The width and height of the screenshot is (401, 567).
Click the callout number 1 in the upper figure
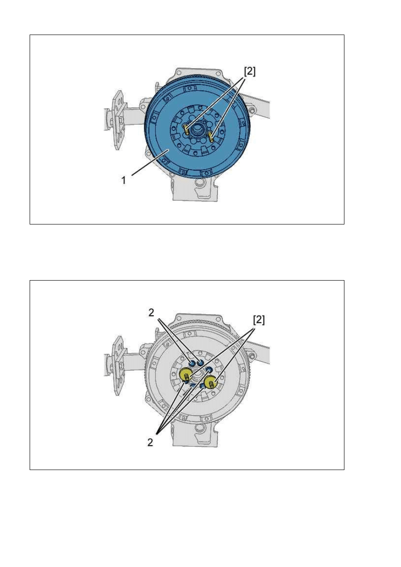point(123,180)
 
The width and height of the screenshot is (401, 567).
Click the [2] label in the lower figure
point(259,320)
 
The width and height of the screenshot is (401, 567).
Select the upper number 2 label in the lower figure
point(151,313)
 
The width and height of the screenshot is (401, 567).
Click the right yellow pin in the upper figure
point(211,136)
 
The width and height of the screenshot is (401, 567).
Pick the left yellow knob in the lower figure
point(185,374)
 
